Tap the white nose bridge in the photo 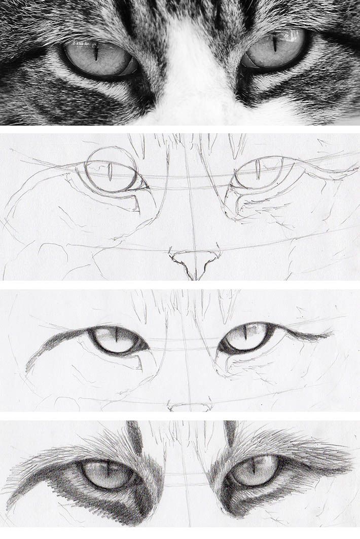[195, 66]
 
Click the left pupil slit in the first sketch [110, 171]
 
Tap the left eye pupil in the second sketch [116, 336]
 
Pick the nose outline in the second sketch [190, 406]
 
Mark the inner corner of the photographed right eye [242, 63]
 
